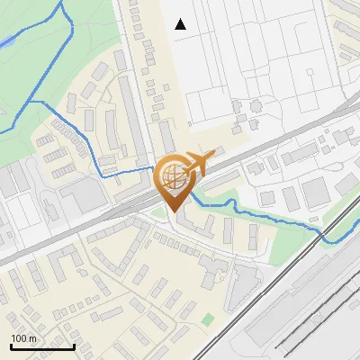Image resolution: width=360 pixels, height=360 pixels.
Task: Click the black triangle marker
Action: click(x=181, y=24)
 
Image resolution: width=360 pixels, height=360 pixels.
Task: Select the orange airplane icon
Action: click(x=199, y=162)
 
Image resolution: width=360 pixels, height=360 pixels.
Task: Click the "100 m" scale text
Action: click(x=24, y=337)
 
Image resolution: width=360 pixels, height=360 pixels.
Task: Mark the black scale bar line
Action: click(x=42, y=346)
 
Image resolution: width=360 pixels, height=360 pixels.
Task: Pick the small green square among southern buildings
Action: click(x=209, y=319)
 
